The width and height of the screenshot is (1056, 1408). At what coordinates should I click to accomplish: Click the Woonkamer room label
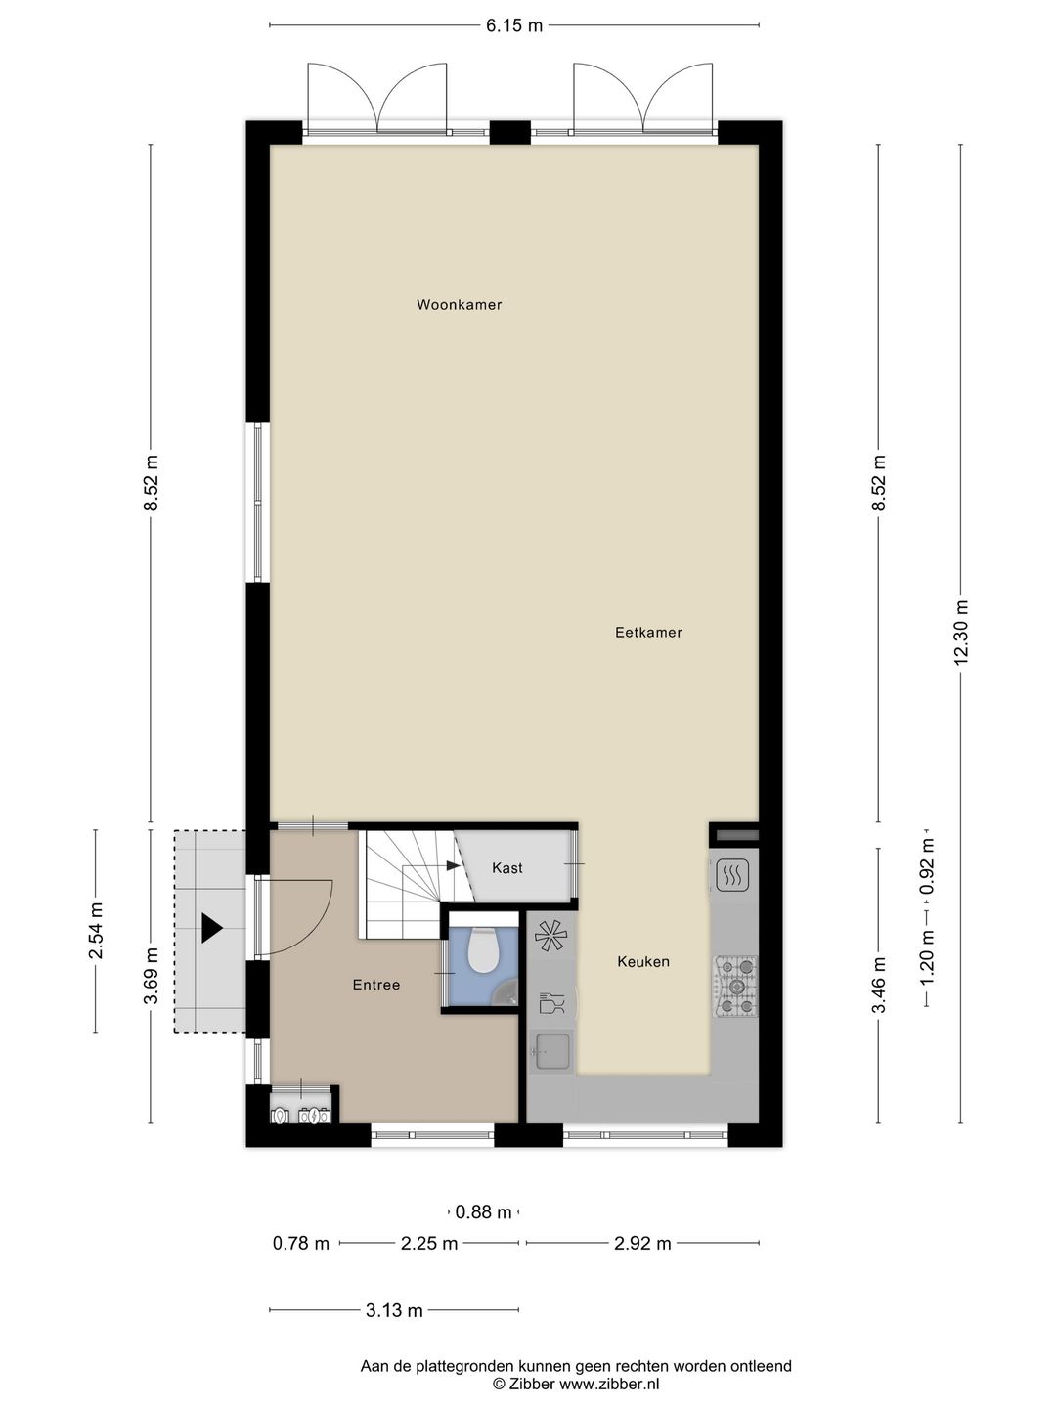(459, 305)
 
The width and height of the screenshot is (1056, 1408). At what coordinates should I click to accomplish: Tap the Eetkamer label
(648, 633)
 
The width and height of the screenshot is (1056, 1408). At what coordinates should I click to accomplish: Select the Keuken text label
(643, 962)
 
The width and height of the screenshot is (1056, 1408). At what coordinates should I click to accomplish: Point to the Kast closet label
(507, 868)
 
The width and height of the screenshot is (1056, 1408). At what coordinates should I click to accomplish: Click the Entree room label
(376, 985)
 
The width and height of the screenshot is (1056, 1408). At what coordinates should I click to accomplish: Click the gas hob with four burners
(735, 986)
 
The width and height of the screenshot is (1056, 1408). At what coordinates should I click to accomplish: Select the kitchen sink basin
(552, 1052)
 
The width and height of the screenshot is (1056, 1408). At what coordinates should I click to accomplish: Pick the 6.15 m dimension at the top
(514, 26)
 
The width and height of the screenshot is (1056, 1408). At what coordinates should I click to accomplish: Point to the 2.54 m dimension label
(96, 930)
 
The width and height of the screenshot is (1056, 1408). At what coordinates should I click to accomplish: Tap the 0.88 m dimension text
(484, 1212)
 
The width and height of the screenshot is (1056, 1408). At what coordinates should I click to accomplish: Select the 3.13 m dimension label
(394, 1310)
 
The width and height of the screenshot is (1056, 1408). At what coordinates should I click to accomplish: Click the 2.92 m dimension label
(642, 1244)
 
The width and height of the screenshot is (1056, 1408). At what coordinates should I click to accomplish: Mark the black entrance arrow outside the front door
(211, 928)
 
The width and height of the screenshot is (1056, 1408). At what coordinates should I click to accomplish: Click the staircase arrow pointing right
(453, 865)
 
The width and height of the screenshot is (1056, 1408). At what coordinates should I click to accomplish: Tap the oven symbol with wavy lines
(732, 875)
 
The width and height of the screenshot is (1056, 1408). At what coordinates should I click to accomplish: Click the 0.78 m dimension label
(301, 1244)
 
